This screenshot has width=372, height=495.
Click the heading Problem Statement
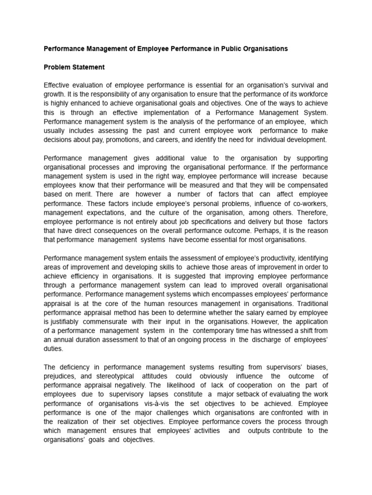click(74, 67)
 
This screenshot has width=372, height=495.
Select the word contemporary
click(218, 330)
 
